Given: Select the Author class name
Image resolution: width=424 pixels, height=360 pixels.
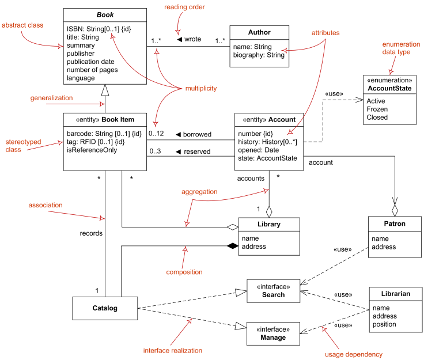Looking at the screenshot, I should click(259, 32).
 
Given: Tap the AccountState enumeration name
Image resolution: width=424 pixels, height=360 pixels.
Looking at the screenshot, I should click(390, 88).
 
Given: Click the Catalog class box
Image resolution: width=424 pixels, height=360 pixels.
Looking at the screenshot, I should click(105, 308).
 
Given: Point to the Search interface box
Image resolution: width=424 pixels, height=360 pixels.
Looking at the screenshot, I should click(273, 291).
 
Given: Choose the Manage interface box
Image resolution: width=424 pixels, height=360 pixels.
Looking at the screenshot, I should click(273, 334).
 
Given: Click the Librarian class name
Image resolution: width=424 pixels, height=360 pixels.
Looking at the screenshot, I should click(395, 294).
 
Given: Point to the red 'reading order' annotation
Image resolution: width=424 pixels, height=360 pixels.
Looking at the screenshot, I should click(184, 7).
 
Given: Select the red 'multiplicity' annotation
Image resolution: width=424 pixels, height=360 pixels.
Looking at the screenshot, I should click(200, 88).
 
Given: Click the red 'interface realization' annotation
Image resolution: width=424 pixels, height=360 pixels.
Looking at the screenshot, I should click(173, 350).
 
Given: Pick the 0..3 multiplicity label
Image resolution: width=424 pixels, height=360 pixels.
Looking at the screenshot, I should click(156, 152).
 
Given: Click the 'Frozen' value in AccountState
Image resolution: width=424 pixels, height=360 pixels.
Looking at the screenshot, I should click(377, 109).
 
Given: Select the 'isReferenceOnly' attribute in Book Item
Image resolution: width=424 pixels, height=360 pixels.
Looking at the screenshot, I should click(92, 150).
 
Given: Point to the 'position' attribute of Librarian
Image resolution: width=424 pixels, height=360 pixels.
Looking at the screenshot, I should click(384, 324).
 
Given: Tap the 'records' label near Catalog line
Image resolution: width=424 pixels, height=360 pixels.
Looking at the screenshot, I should click(91, 234).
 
